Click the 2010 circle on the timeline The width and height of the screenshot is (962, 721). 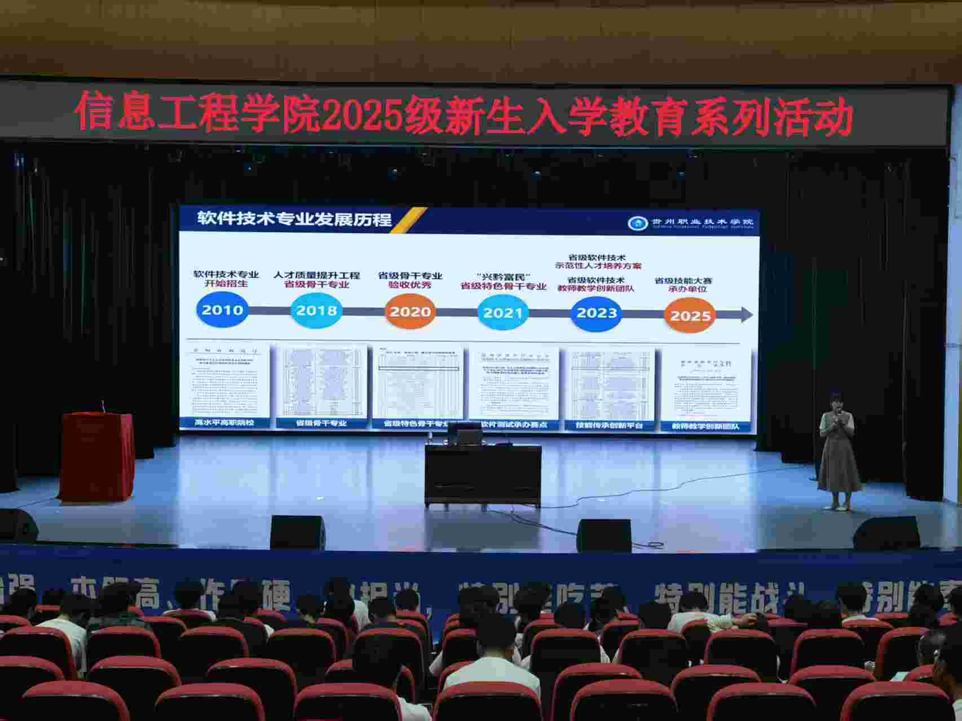(222, 310)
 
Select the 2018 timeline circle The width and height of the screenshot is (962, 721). (316, 311)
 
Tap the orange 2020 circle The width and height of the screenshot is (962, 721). (410, 312)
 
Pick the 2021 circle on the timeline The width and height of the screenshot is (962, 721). (502, 313)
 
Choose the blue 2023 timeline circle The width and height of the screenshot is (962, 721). (597, 313)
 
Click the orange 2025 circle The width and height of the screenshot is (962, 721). (690, 315)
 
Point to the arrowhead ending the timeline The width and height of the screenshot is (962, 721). (747, 315)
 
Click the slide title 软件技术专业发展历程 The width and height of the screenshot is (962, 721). (294, 219)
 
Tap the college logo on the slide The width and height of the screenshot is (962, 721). (637, 223)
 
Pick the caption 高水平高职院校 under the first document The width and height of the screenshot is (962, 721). (224, 422)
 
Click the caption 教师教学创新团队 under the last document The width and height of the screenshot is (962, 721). (705, 427)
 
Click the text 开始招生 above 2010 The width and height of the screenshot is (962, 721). (226, 284)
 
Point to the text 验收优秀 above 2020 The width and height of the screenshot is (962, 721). (410, 285)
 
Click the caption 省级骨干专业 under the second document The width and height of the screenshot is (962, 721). (321, 423)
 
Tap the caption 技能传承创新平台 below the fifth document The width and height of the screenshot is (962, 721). (610, 425)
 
